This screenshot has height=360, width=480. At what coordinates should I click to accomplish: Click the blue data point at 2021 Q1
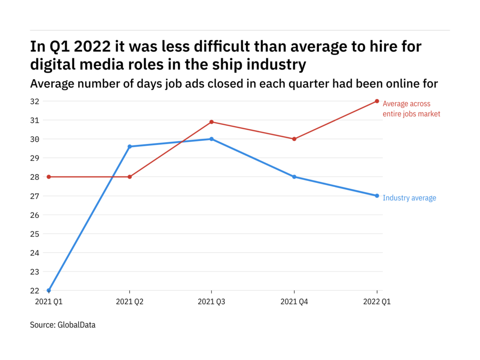[x=49, y=290]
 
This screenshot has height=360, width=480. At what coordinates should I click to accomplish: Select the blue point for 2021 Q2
[x=130, y=147]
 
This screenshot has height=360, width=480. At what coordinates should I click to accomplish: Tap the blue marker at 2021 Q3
[x=211, y=139]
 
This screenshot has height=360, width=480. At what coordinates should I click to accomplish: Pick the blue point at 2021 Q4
[x=294, y=177]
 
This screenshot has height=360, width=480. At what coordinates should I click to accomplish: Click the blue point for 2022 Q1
[x=377, y=195]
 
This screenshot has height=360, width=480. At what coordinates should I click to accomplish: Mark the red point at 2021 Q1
[x=49, y=177]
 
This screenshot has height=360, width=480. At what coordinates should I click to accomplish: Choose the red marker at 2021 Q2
[x=130, y=177]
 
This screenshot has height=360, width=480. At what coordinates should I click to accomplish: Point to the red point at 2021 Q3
[x=211, y=122]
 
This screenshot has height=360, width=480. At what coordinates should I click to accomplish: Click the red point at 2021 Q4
[x=294, y=139]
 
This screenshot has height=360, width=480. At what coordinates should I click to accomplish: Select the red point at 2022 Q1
[x=377, y=101]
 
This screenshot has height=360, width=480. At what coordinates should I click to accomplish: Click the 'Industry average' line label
[x=409, y=198]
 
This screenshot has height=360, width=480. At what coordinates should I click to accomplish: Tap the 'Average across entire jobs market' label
[x=411, y=109]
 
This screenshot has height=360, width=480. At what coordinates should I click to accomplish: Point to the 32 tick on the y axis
[x=35, y=101]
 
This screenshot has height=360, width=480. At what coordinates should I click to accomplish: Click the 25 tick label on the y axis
[x=35, y=233]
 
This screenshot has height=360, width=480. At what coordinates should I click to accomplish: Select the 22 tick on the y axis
[x=35, y=290]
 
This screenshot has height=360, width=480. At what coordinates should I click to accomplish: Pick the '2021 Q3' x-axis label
[x=211, y=302]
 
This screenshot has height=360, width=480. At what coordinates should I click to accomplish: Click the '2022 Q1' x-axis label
[x=377, y=302]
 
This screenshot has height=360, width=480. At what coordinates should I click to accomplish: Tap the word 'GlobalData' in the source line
[x=76, y=324]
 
